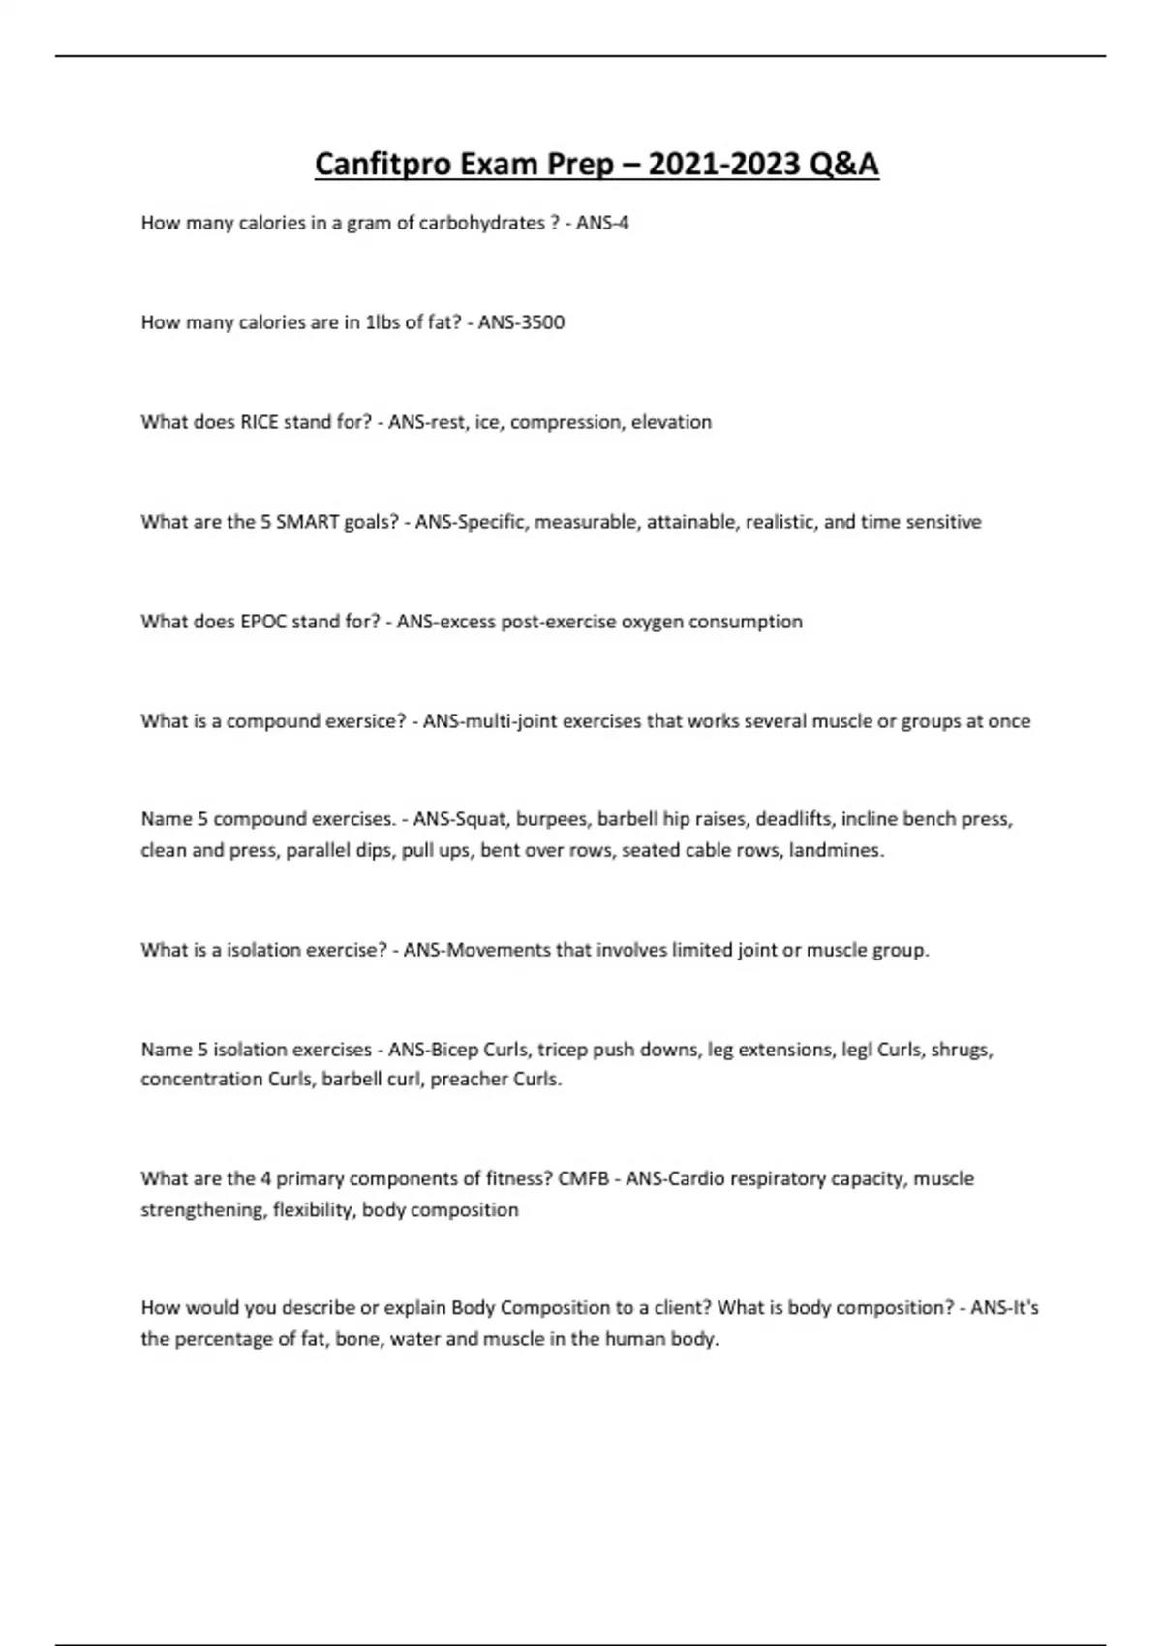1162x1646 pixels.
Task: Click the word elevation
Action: (671, 422)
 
